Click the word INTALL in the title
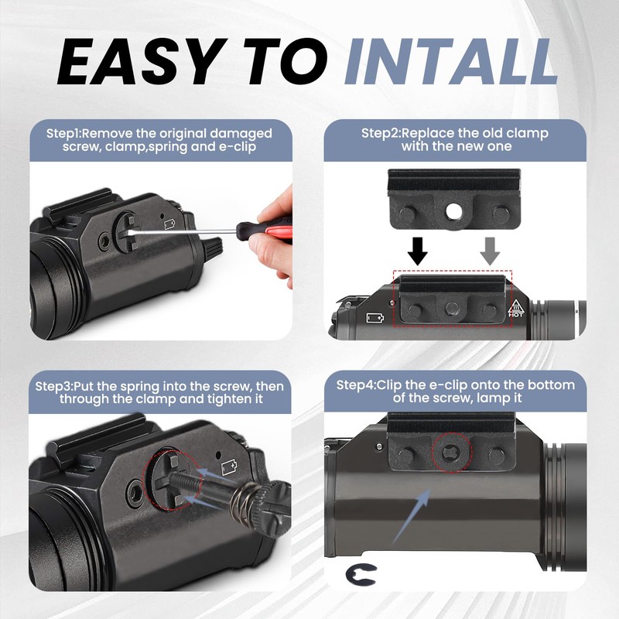tap(451, 62)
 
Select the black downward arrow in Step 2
tap(418, 251)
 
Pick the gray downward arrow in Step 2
tap(490, 251)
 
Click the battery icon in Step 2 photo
tap(375, 318)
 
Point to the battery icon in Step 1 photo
tap(170, 224)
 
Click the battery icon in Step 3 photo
tap(229, 467)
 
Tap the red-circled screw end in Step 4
tap(452, 453)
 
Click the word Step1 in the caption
tap(63, 133)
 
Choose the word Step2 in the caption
tap(380, 133)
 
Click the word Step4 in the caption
tap(355, 385)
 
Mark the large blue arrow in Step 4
tap(412, 515)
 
